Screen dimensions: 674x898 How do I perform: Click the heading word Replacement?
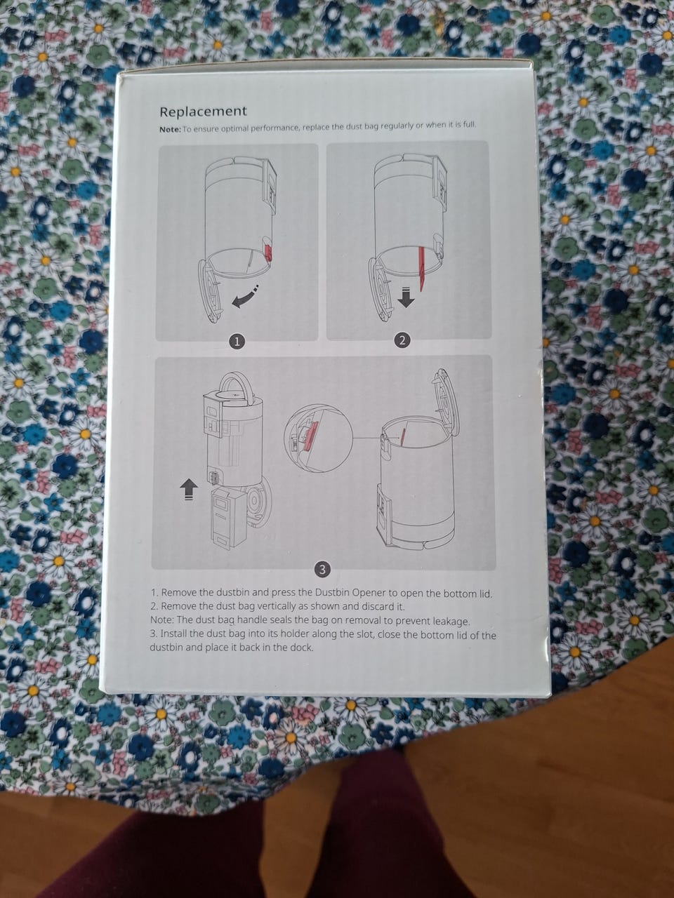[203, 112]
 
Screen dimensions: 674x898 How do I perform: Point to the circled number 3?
[323, 570]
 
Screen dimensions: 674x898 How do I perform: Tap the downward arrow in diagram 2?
[407, 297]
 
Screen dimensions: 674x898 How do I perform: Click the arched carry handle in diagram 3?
[236, 384]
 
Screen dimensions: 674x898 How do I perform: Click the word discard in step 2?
[367, 606]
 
